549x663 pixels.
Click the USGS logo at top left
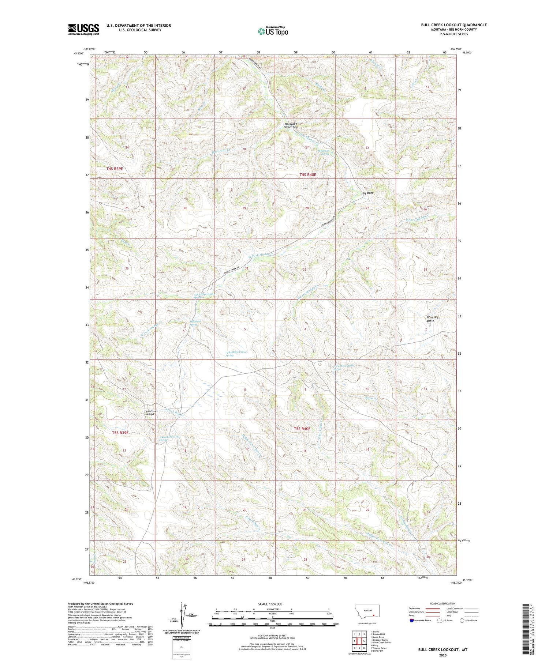click(x=83, y=29)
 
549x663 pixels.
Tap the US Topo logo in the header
click(x=273, y=31)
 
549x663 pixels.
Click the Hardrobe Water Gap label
click(x=291, y=125)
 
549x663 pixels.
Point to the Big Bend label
click(x=367, y=193)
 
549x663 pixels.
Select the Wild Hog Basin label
click(x=433, y=319)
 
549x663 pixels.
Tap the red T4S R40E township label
click(x=307, y=175)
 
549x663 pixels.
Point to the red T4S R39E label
click(x=115, y=169)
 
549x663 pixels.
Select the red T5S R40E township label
click(x=302, y=429)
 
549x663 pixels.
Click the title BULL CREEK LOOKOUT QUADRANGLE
click(x=453, y=25)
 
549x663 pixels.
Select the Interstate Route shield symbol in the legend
click(x=411, y=621)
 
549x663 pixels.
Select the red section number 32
click(x=247, y=268)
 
